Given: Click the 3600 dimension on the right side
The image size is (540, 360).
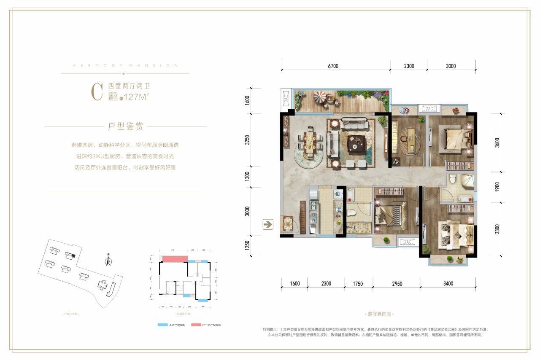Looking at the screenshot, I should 497,142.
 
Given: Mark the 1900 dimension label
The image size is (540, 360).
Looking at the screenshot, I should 497,187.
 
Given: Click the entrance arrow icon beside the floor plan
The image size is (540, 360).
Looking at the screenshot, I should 267,224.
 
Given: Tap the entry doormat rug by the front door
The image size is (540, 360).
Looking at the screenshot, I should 288,223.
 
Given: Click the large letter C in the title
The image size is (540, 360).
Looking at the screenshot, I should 97,92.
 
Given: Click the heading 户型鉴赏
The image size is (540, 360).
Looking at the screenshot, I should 125,126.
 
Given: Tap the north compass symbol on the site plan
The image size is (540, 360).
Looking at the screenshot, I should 108,261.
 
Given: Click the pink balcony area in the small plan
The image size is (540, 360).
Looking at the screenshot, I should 173,259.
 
